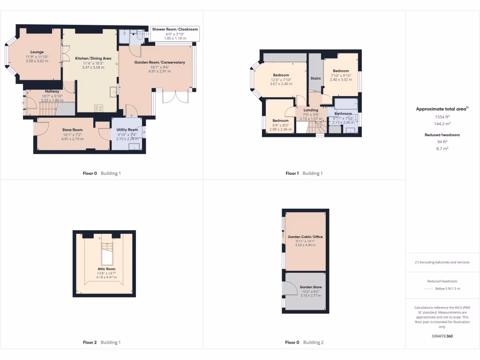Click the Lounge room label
[x=37, y=52]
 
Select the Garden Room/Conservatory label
[x=160, y=62]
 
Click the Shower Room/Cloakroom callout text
[x=175, y=29]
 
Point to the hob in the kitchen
[x=99, y=108]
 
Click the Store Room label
[x=72, y=130]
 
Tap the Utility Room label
[x=127, y=129]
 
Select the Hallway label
[x=52, y=91]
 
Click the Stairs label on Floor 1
[x=315, y=78]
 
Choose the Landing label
[x=310, y=110]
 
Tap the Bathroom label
[x=343, y=113]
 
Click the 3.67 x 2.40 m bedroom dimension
[x=281, y=84]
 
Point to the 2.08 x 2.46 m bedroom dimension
[x=281, y=129]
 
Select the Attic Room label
[x=106, y=269]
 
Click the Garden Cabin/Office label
[x=305, y=237]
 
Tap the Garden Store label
[x=311, y=287]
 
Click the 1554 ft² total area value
[x=442, y=116]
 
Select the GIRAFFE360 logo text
[x=442, y=336]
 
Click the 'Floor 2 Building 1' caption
[x=102, y=342]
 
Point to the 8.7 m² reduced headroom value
[x=442, y=148]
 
